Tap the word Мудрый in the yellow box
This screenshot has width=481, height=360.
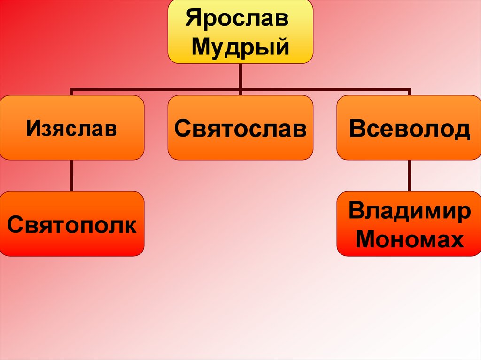[x=240, y=47]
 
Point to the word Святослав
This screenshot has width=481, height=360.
[x=240, y=128]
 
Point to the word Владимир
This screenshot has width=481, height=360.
[x=409, y=211]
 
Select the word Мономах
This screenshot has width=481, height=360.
[x=409, y=240]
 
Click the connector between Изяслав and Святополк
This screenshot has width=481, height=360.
[x=71, y=176]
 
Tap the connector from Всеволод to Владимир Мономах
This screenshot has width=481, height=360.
[x=409, y=176]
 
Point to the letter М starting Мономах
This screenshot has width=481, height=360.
[x=365, y=240]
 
